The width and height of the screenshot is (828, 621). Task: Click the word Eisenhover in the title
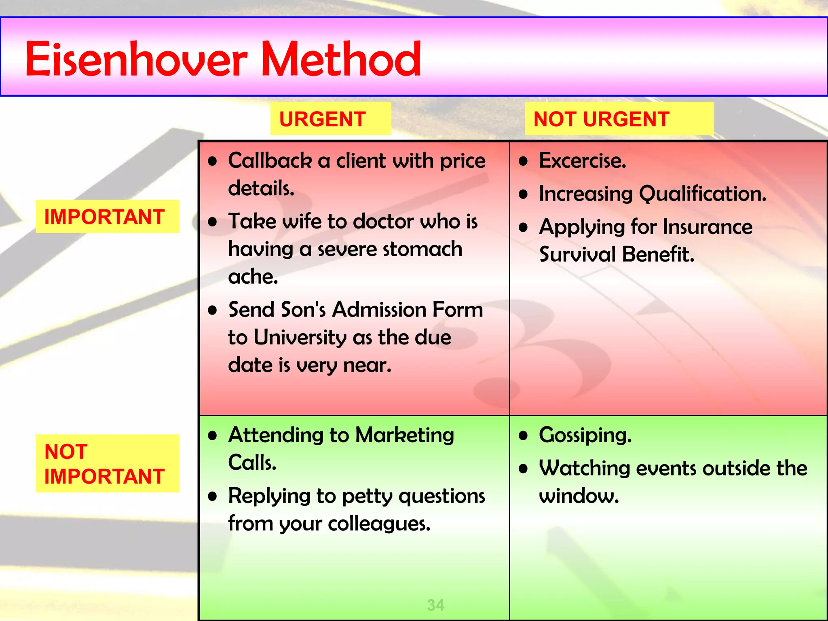point(135,59)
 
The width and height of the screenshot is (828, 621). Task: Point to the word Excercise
point(582,161)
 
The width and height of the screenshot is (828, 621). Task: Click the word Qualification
point(703,194)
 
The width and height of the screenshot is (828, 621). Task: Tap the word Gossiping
point(585,435)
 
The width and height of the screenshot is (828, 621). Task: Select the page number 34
point(435,605)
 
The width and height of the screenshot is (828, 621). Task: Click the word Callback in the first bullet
point(270,161)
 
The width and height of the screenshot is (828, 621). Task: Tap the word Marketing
point(404,435)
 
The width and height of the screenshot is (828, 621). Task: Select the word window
point(579,496)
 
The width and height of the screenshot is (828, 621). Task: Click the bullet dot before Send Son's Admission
point(213,310)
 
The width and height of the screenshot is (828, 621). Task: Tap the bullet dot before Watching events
point(524,469)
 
